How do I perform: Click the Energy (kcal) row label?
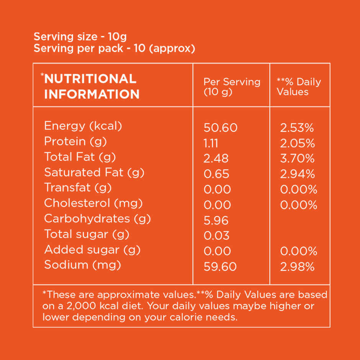click(83, 126)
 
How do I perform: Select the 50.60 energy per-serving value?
click(220, 128)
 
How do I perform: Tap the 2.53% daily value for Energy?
click(297, 128)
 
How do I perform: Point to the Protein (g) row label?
click(75, 142)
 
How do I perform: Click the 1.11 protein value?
click(211, 143)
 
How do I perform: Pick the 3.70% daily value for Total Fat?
click(297, 159)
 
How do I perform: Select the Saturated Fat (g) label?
click(94, 173)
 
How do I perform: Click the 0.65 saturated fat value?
click(216, 174)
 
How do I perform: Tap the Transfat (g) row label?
click(72, 188)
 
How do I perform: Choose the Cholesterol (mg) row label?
click(93, 203)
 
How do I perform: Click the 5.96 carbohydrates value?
click(216, 221)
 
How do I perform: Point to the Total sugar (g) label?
click(87, 234)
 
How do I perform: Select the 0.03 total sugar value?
click(217, 236)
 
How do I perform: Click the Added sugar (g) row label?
click(92, 250)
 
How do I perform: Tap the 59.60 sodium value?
click(220, 267)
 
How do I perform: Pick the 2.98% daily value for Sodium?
click(297, 267)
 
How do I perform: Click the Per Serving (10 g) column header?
click(231, 87)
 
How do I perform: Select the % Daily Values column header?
click(299, 87)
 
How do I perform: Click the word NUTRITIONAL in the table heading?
click(90, 79)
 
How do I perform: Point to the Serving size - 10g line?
click(80, 37)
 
